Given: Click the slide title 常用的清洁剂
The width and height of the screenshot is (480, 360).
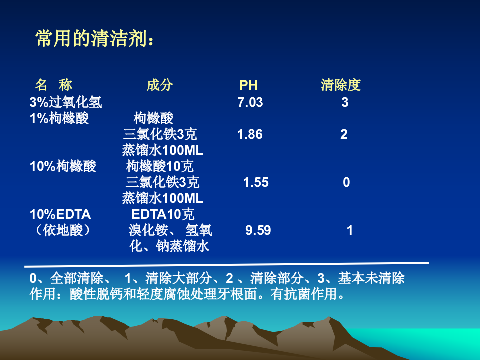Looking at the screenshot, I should click(x=94, y=39).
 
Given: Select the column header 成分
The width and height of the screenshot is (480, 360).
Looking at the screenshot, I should click(x=160, y=85).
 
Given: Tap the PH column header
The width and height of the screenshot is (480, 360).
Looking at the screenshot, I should click(x=248, y=85).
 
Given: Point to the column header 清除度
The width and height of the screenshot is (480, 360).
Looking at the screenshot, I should click(x=340, y=85).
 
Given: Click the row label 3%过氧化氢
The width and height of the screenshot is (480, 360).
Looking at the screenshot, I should click(x=66, y=103).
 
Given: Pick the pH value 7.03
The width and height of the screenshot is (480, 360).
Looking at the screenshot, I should click(x=250, y=103).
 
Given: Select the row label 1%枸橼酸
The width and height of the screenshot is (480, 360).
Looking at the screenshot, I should click(x=59, y=119).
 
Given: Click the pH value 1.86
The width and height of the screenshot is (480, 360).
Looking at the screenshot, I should click(x=250, y=134).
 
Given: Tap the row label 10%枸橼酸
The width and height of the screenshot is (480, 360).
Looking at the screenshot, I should click(x=63, y=166).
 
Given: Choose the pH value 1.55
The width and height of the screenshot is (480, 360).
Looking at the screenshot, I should click(x=256, y=182).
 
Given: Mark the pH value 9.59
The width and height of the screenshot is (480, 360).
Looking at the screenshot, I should click(x=258, y=230).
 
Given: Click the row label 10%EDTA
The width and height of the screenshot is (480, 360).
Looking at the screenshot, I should click(x=60, y=214).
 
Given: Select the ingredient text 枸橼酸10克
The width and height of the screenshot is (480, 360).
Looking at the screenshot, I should click(x=160, y=166).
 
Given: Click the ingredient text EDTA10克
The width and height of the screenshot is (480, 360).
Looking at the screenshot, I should click(x=163, y=214).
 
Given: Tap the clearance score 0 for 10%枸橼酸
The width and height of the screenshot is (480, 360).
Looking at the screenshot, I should click(x=346, y=182).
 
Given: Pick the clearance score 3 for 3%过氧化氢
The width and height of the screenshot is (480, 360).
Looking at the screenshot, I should click(x=345, y=103).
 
